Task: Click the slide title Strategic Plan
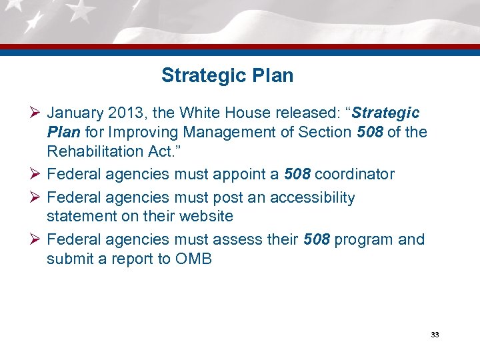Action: [x=227, y=75]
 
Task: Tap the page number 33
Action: [x=435, y=335]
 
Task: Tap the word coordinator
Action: [x=355, y=175]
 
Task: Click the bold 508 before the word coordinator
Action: [x=297, y=175]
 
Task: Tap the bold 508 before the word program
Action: [x=316, y=239]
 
